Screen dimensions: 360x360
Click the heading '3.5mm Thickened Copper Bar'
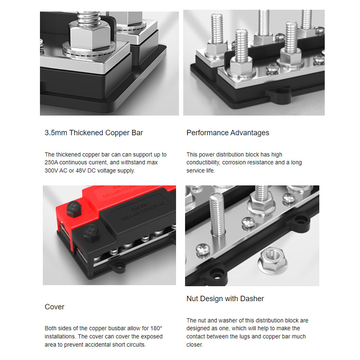94,133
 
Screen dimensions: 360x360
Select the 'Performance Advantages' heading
228,133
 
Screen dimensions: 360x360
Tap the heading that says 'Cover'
54,307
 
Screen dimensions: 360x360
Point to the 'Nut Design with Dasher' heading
225,298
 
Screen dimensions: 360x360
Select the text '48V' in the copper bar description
81,171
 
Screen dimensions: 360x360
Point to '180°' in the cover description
156,328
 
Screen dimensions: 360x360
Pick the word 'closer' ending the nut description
194,345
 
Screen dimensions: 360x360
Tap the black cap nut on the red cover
74,209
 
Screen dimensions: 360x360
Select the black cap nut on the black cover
91,233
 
